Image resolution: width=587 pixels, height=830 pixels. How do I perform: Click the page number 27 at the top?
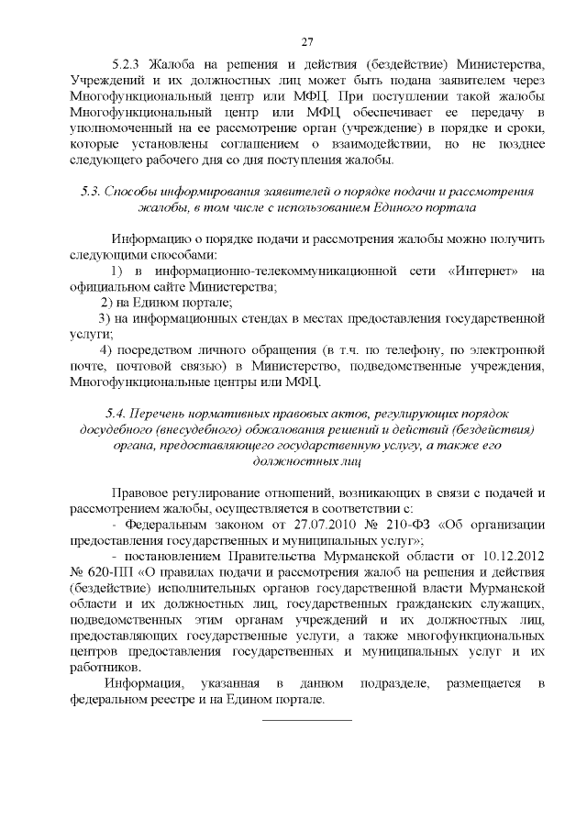tap(307, 39)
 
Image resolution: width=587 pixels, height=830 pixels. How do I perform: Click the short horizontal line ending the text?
tap(307, 719)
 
